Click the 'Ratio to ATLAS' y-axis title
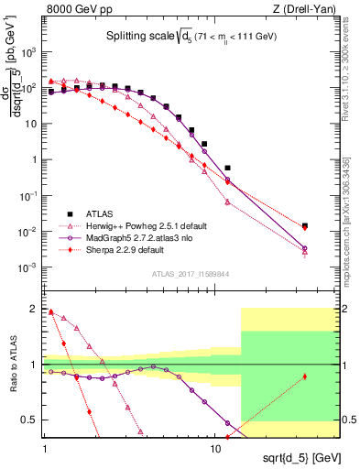(11, 365)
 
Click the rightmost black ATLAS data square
(305, 225)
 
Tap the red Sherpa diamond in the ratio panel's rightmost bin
(305, 376)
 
